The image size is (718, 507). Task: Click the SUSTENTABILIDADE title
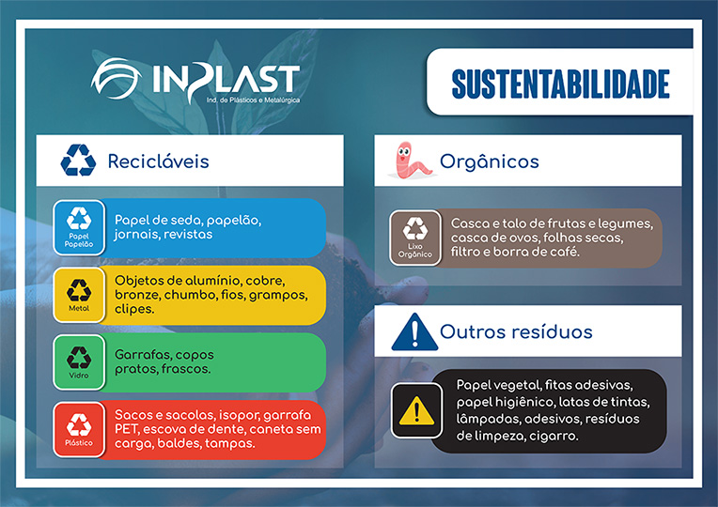(560, 84)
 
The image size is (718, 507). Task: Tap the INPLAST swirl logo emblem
(117, 78)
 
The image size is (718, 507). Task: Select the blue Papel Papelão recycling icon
(79, 227)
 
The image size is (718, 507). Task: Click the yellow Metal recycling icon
(79, 295)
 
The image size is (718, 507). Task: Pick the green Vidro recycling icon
(79, 362)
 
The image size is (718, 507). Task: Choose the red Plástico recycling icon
(79, 429)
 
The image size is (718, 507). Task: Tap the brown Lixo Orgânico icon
(415, 238)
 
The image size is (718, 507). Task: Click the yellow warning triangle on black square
(416, 410)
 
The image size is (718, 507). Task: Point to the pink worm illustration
(411, 161)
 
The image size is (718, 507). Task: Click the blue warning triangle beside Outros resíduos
(414, 332)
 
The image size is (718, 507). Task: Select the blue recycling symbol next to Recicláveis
(78, 161)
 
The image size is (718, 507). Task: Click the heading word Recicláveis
(159, 161)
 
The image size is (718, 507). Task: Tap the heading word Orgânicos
(490, 162)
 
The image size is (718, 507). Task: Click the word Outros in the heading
(473, 331)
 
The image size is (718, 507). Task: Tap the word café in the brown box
(567, 252)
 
